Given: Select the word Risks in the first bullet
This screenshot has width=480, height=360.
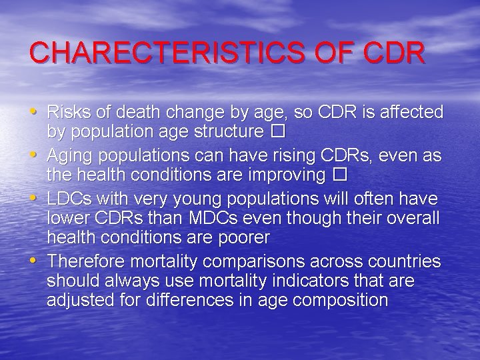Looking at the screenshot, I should pos(69,111).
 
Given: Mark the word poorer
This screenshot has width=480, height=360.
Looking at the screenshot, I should pos(244,237).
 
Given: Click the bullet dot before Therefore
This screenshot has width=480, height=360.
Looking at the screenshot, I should pos(34,259).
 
